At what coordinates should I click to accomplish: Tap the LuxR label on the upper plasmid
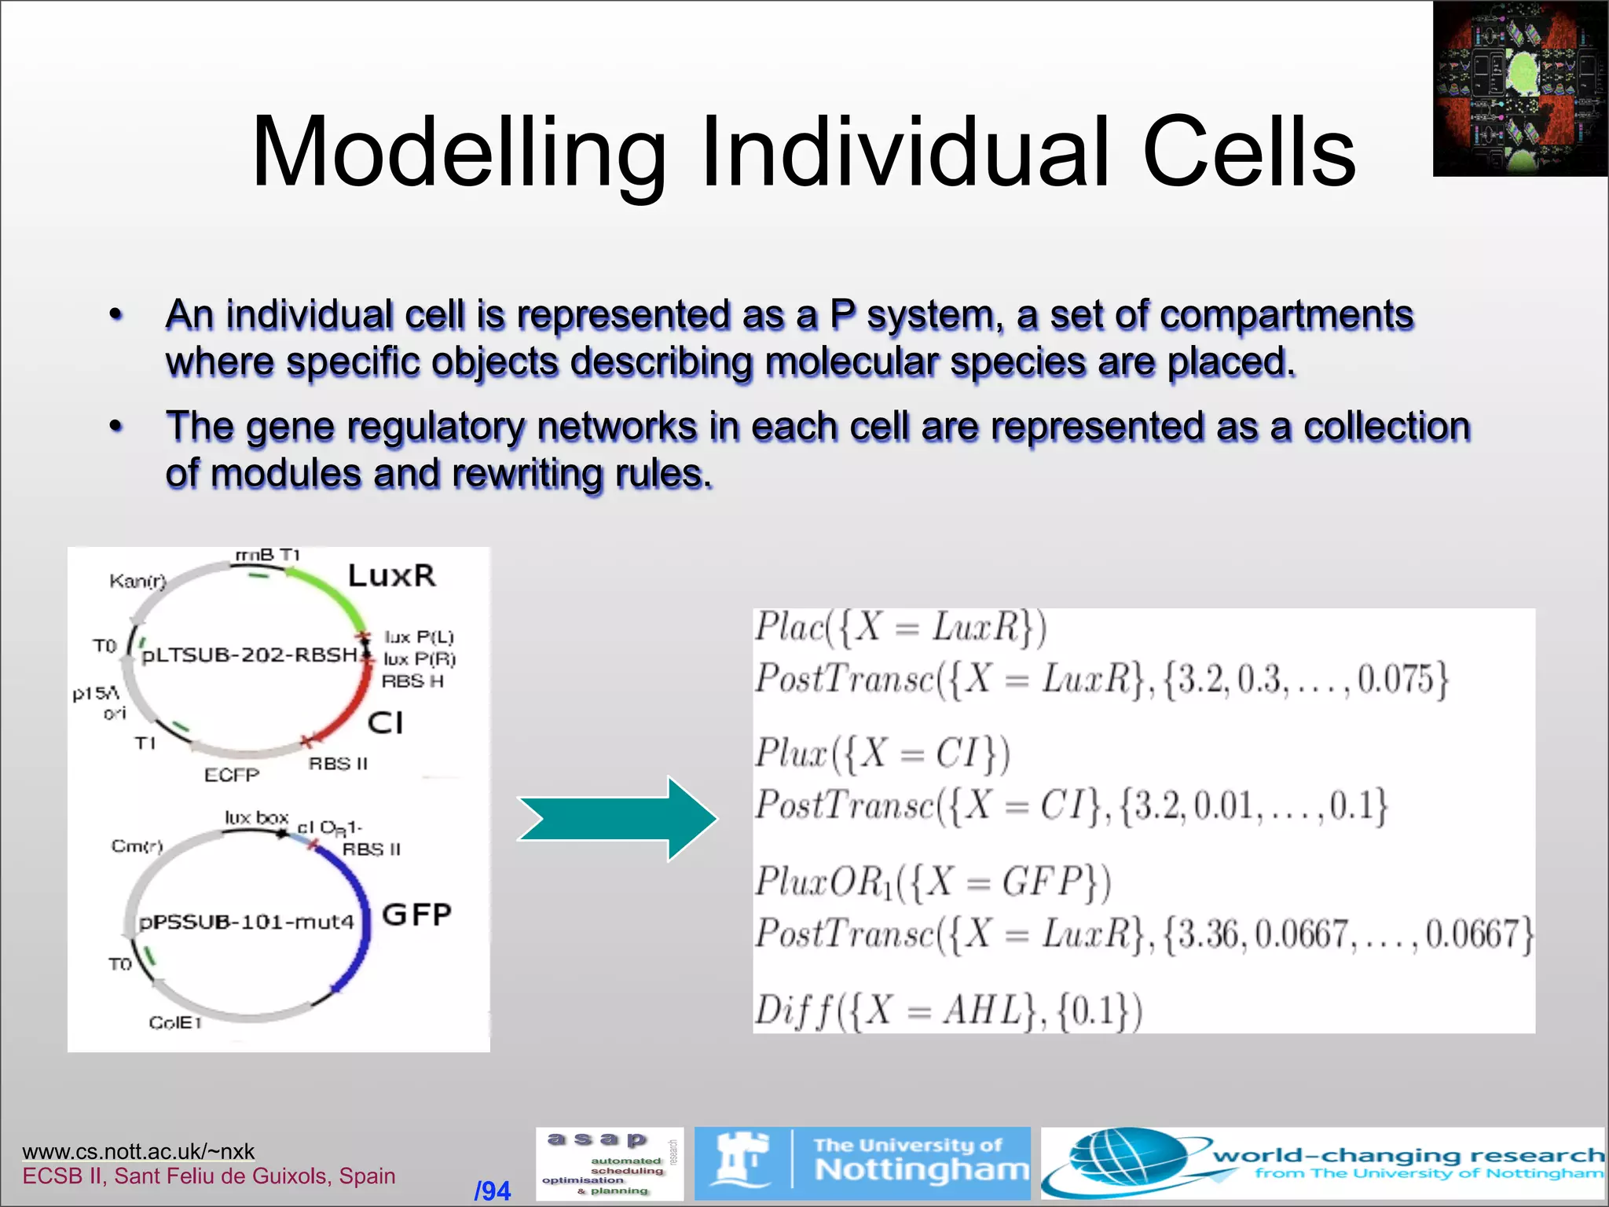pyautogui.click(x=391, y=575)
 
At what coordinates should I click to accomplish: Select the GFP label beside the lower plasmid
pyautogui.click(x=416, y=915)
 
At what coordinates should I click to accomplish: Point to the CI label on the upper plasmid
pyautogui.click(x=385, y=722)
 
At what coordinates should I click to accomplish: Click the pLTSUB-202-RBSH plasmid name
pyautogui.click(x=250, y=655)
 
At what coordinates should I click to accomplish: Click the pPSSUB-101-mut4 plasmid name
pyautogui.click(x=246, y=921)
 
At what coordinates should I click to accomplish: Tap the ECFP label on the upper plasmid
pyautogui.click(x=231, y=775)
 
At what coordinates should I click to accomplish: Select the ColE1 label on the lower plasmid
pyautogui.click(x=175, y=1022)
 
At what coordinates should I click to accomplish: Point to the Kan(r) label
pyautogui.click(x=137, y=581)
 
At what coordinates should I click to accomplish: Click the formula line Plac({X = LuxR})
pyautogui.click(x=900, y=628)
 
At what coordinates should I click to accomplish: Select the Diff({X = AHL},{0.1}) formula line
pyautogui.click(x=947, y=1011)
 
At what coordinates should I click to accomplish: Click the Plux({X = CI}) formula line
pyautogui.click(x=881, y=754)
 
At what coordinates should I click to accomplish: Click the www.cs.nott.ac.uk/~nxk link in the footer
pyautogui.click(x=138, y=1151)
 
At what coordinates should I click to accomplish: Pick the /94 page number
pyautogui.click(x=493, y=1190)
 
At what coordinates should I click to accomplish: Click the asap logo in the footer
pyautogui.click(x=609, y=1163)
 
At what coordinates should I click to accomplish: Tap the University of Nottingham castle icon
pyautogui.click(x=741, y=1161)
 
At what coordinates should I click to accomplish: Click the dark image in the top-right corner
pyautogui.click(x=1520, y=88)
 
